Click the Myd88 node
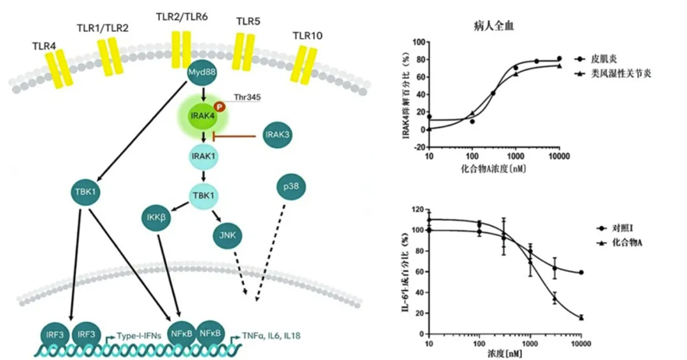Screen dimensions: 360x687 tap(201, 74)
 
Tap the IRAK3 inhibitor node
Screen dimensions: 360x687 tap(277, 134)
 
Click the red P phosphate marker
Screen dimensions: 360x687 tap(218, 106)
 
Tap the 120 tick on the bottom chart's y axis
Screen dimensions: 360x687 tap(418, 211)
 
